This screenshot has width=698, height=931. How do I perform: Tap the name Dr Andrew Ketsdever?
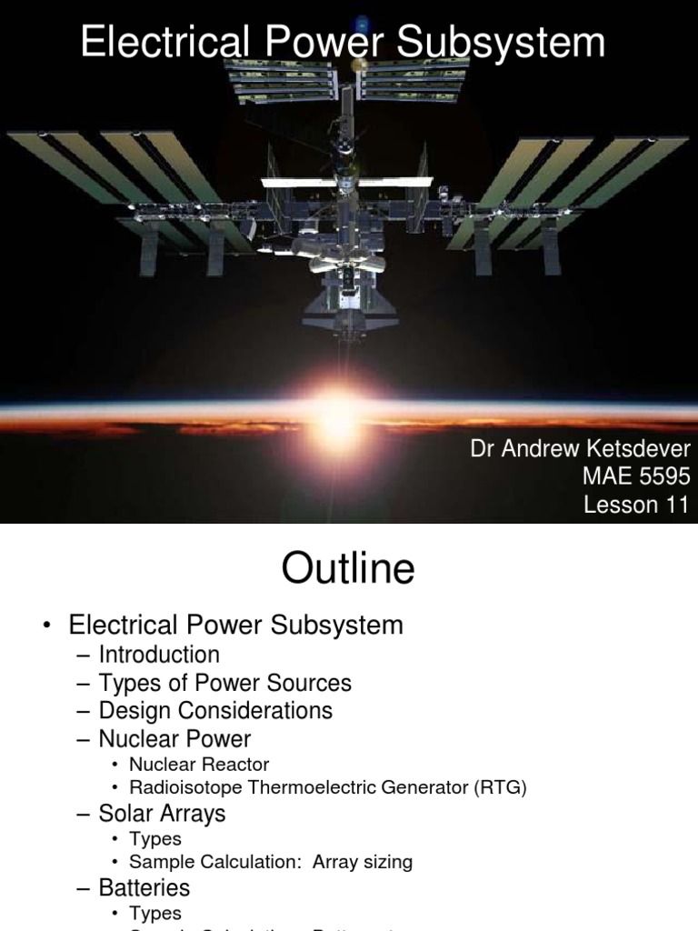[580, 449]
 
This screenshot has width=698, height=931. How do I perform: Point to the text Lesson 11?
[636, 505]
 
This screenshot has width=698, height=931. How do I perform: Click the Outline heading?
[348, 569]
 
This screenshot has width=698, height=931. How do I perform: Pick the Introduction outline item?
[159, 655]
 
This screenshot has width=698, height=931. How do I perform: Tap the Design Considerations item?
[215, 710]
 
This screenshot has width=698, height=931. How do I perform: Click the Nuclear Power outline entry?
[174, 738]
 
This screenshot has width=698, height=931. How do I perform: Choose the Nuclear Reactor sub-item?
[199, 765]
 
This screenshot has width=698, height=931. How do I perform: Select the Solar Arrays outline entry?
[163, 814]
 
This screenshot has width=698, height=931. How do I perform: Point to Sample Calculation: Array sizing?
[271, 862]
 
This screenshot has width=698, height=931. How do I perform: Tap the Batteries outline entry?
[145, 887]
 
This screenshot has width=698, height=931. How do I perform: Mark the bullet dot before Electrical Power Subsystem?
[46, 626]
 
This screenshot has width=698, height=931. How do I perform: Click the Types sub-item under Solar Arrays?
[155, 838]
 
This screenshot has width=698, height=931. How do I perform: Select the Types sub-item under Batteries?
[155, 913]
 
